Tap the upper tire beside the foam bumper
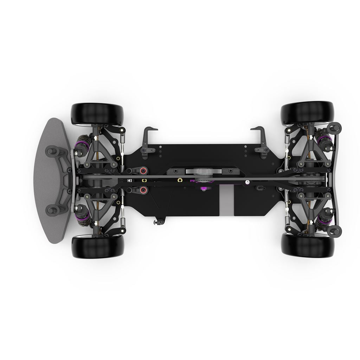[x=97, y=113]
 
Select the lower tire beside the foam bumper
[x=97, y=246]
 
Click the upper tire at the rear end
[x=307, y=112]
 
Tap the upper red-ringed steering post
[x=143, y=171]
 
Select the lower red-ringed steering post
[x=143, y=190]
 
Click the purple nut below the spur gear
[x=203, y=189]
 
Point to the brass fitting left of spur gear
[x=180, y=180]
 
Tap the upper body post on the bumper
[x=52, y=151]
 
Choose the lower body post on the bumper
[x=52, y=210]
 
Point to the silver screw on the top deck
[x=247, y=182]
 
